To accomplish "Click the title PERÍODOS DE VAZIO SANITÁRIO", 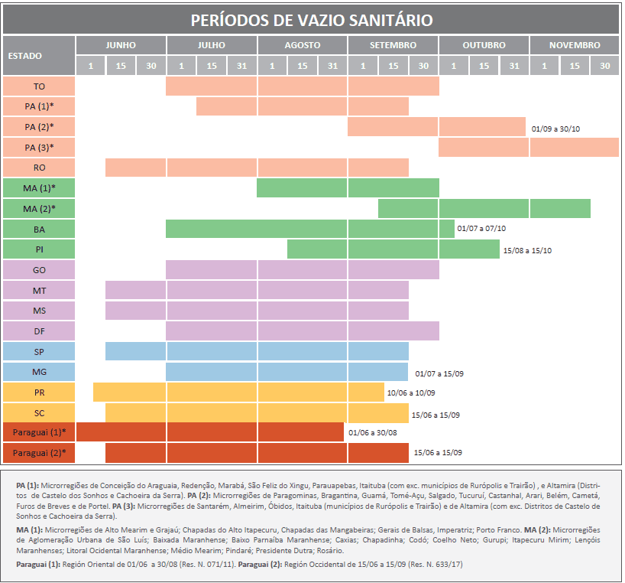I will [x=311, y=20].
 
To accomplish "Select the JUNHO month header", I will [x=121, y=45].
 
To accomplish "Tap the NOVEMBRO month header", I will [x=574, y=45].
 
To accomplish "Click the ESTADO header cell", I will [x=38, y=55].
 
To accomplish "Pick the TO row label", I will [x=39, y=86].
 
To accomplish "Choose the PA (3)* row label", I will [x=39, y=147].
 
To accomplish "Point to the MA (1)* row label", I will [x=39, y=187].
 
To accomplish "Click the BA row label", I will [x=39, y=229].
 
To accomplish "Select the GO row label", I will [x=39, y=270].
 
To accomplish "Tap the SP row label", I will [x=39, y=351].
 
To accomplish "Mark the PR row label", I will [x=39, y=392].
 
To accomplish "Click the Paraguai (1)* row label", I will [x=39, y=432].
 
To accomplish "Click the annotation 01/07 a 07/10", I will [x=481, y=229].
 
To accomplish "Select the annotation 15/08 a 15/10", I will [x=528, y=250].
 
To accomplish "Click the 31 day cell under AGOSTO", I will [x=332, y=66].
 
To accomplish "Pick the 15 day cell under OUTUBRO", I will [x=484, y=66].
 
